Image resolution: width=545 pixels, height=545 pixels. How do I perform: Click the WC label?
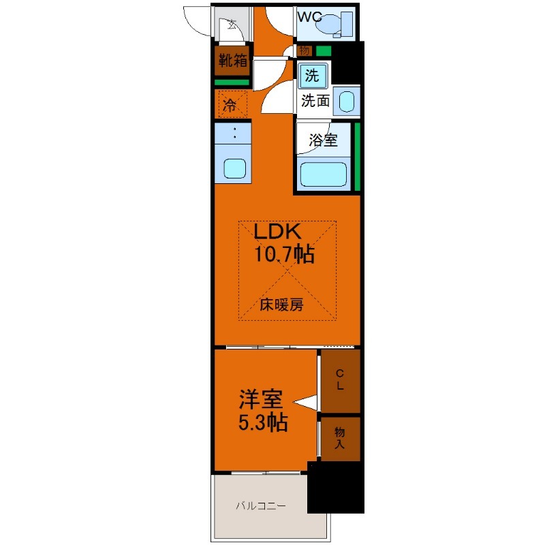[x=310, y=16]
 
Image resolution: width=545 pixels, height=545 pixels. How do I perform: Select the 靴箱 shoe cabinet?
[x=232, y=61]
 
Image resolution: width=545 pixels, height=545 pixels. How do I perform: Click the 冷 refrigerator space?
[x=232, y=104]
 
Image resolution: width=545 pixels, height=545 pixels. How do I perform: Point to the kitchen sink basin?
[x=234, y=168]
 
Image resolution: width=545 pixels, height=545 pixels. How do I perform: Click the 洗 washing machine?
[x=313, y=76]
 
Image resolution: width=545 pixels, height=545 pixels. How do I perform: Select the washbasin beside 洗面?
[x=346, y=101]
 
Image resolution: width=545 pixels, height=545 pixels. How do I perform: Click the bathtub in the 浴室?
[x=323, y=174]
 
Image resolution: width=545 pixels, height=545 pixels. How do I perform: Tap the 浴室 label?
[x=323, y=140]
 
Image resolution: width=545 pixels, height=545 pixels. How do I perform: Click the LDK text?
[x=277, y=232]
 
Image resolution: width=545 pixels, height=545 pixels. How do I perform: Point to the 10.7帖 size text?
[x=284, y=254]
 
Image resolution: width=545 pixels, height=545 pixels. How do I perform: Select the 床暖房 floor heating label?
[x=281, y=305]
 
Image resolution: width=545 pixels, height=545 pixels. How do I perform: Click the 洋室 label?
[x=261, y=399]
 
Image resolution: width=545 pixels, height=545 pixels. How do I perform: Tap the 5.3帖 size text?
[x=263, y=422]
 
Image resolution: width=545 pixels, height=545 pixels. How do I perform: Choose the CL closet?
[x=340, y=381]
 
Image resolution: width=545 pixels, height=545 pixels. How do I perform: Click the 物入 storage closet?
[x=340, y=439]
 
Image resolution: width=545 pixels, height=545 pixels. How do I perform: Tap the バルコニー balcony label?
[x=261, y=505]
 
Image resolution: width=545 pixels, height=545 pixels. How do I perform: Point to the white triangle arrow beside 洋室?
[x=305, y=403]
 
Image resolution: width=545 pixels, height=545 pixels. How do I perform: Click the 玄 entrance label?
[x=232, y=25]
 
